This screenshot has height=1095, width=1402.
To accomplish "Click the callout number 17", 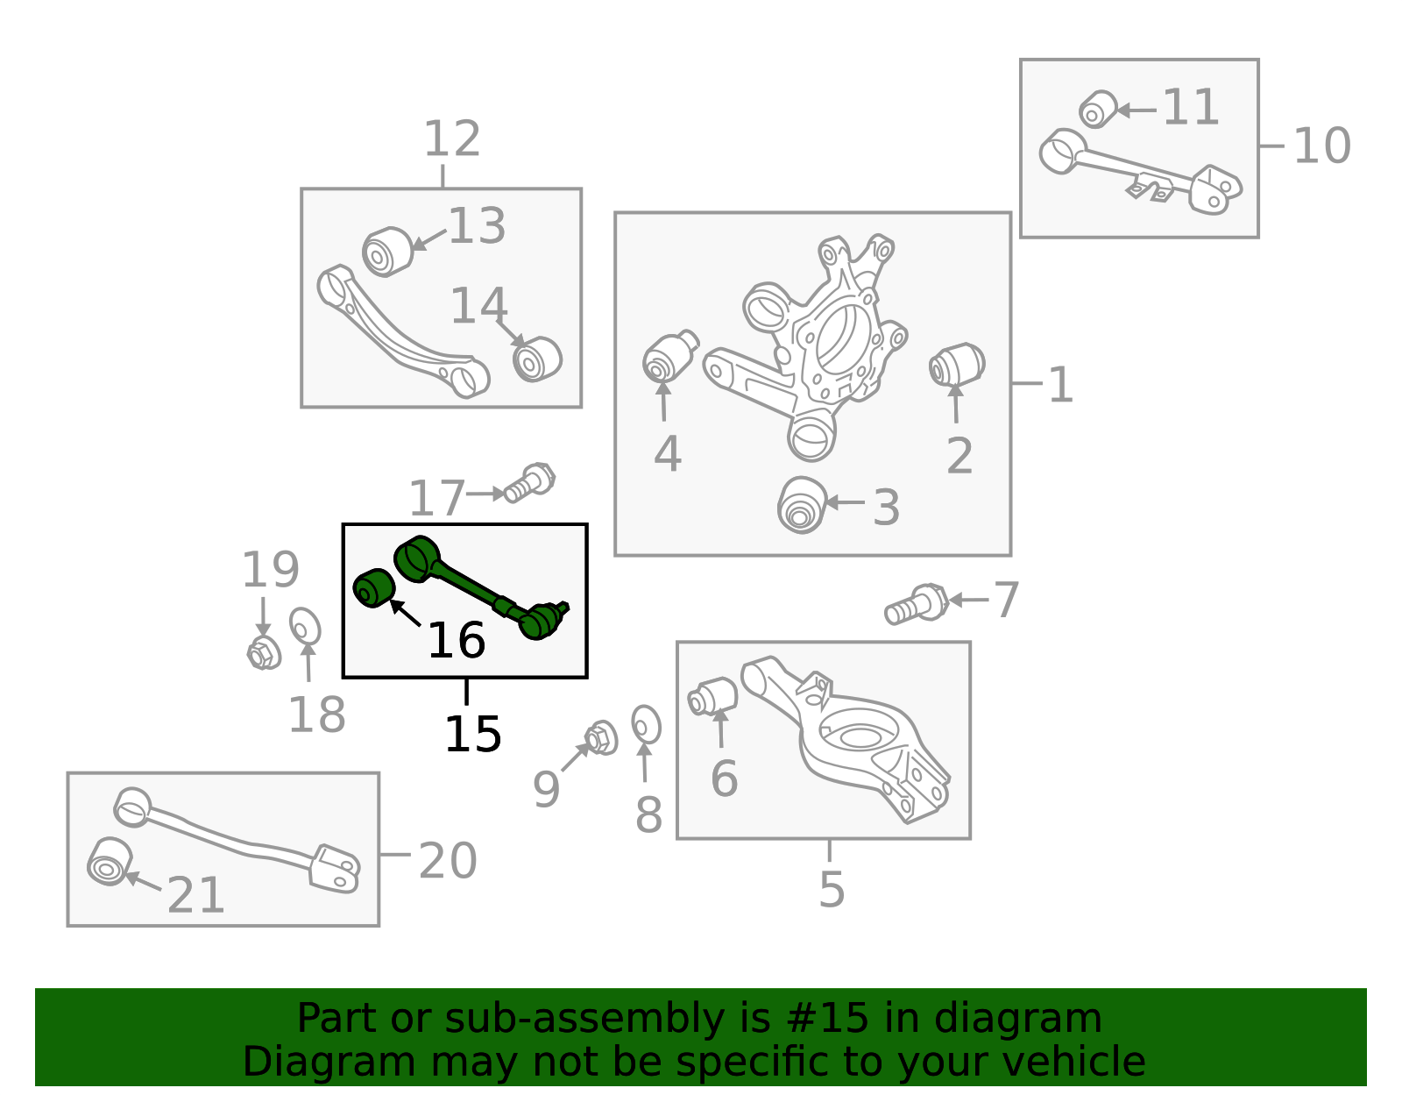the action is (436, 497).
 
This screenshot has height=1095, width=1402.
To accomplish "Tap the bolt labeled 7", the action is (917, 604).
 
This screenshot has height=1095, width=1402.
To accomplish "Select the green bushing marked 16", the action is (373, 588).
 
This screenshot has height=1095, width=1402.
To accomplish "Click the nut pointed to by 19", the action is (264, 652).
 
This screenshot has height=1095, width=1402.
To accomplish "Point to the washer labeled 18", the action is (305, 626).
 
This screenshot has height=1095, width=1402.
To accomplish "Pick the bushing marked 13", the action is (387, 252).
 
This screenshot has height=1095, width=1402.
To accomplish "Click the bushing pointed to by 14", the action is (537, 359).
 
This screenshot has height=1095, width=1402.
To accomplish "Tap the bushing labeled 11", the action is (1098, 109).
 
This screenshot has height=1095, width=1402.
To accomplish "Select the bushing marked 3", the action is (802, 505).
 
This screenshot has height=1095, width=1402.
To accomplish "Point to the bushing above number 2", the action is (957, 365).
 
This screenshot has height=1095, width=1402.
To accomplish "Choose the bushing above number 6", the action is (712, 696).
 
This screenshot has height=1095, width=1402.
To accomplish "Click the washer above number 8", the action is (646, 725).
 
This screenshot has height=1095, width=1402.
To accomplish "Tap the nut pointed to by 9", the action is (601, 737).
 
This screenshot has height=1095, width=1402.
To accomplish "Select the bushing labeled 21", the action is (110, 862).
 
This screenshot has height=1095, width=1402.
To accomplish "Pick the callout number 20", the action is (448, 861).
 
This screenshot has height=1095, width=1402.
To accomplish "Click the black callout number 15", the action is (473, 735).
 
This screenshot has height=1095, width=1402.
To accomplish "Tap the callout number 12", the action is (452, 139).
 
